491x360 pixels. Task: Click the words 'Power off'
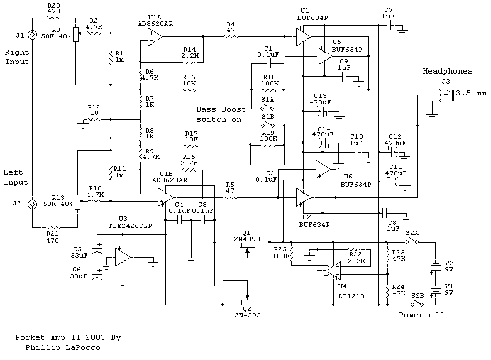click(x=421, y=315)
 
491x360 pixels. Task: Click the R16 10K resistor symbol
click(x=189, y=90)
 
